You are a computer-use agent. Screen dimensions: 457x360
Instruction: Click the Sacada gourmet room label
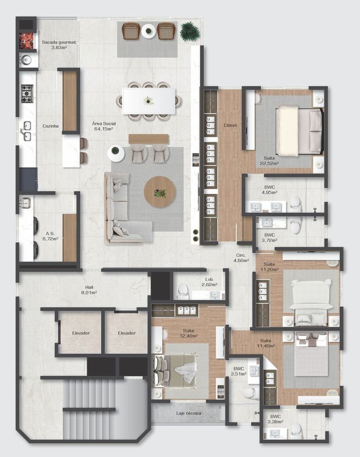pos(59,42)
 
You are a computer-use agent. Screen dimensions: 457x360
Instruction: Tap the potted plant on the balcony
pos(189,31)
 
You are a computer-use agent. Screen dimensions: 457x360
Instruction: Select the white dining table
pos(149,101)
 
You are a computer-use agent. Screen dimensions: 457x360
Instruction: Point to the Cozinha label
pos(50,126)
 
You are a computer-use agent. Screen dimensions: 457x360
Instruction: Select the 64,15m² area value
pos(103,129)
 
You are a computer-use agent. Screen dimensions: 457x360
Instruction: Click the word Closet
pos(230,125)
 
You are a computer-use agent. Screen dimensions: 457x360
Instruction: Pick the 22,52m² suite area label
pos(269,163)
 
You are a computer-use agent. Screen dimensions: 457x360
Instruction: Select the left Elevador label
pos(81,333)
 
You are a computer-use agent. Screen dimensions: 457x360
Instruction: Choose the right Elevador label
pos(127,333)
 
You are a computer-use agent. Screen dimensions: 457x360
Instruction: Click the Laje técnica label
pos(189,413)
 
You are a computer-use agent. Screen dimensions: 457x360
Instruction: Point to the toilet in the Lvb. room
pos(183,291)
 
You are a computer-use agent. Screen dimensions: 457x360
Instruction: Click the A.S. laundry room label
pos(50,233)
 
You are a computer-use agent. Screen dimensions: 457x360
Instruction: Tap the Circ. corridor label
pos(241,255)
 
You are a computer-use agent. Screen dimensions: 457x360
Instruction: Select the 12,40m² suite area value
pos(188,336)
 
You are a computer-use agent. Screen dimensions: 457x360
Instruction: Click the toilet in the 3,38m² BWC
pos(296,430)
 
